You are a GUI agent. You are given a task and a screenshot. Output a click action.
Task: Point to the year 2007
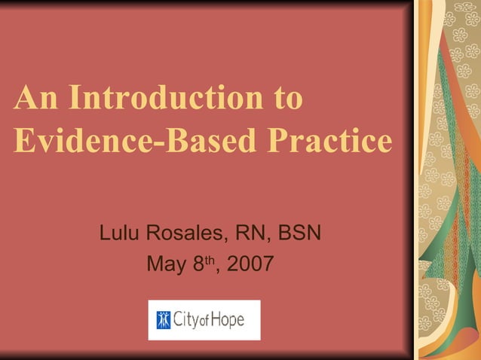point(251,265)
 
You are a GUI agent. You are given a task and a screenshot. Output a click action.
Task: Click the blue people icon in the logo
point(164,320)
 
